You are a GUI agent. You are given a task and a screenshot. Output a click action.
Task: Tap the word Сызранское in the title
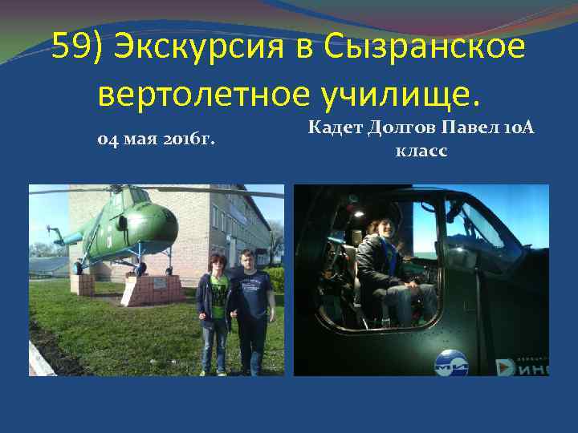coord(425,47)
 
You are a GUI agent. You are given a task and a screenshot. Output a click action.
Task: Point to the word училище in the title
coord(401,94)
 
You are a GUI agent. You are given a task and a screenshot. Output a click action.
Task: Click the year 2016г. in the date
coord(190,140)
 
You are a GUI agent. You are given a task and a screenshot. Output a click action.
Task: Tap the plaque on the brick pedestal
coord(159,282)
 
